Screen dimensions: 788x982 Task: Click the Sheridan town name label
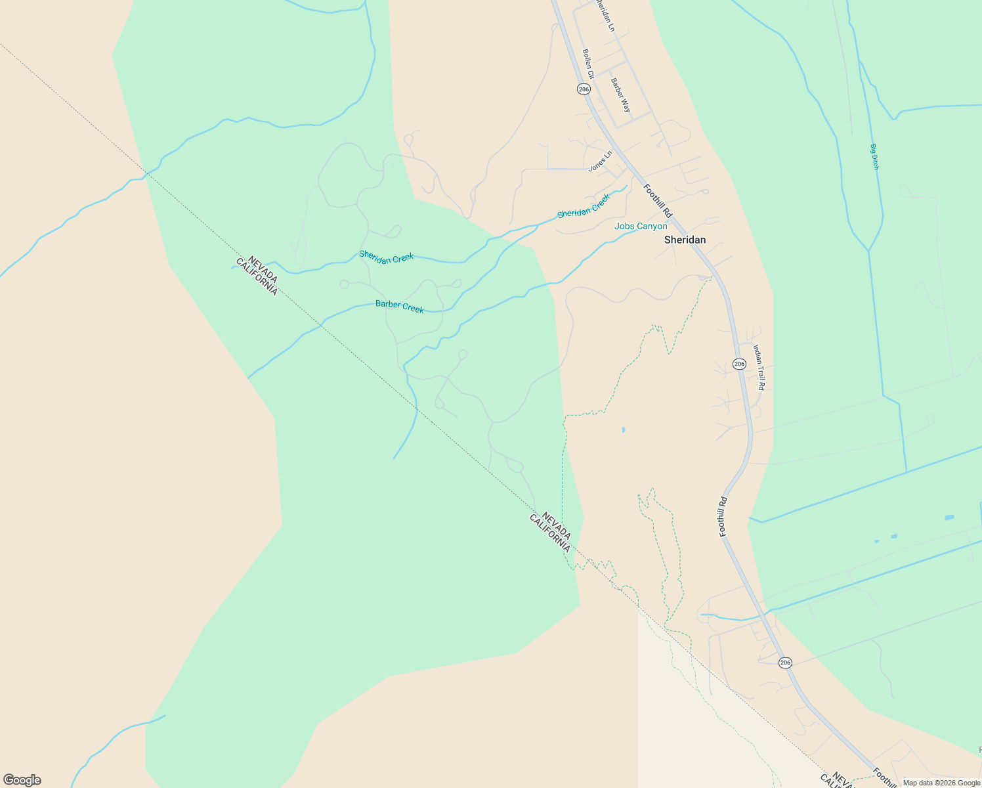[x=685, y=240]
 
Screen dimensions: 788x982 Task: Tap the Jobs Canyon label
[x=641, y=226]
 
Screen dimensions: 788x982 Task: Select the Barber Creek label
[x=399, y=306]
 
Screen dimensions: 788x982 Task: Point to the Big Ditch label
[x=874, y=157]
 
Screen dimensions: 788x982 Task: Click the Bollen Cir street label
[x=588, y=64]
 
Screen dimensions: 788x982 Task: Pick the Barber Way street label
[x=620, y=95]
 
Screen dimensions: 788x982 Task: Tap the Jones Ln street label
[x=600, y=161]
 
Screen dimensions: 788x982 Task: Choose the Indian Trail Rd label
[x=759, y=367]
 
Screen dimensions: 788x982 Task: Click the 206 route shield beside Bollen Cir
[x=584, y=89]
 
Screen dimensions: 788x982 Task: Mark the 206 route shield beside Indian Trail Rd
[x=739, y=364]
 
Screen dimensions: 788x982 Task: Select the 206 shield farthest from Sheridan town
[x=785, y=663]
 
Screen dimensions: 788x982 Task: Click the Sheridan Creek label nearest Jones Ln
[x=584, y=206]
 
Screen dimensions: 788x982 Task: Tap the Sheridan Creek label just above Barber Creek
[x=386, y=257]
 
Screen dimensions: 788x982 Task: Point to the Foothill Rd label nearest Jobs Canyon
[x=658, y=200]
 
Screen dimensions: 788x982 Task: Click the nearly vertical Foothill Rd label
[x=723, y=517]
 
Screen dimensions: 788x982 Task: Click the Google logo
[x=22, y=780]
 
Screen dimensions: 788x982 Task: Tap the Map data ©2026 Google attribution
[x=941, y=783]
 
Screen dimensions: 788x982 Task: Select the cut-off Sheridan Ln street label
[x=605, y=14]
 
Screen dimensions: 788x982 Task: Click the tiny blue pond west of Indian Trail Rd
[x=623, y=430]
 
